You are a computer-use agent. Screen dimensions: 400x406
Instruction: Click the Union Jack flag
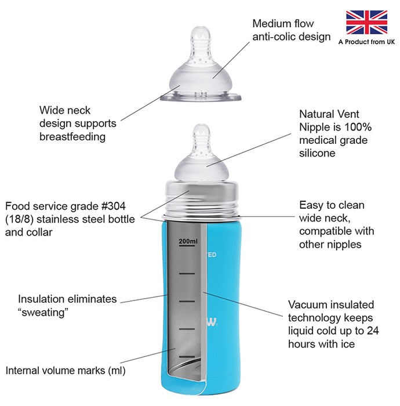click(366, 22)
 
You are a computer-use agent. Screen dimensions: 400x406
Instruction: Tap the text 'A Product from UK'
click(366, 42)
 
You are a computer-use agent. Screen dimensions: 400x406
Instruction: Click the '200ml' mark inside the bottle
click(188, 241)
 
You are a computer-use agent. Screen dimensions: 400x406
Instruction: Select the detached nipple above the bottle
click(201, 64)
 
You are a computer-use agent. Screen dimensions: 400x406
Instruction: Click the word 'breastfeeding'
click(72, 137)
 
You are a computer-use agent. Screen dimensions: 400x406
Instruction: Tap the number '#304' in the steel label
click(113, 206)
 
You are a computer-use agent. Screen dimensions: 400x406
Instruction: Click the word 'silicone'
click(317, 153)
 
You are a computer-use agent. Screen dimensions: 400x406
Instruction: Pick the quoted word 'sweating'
click(43, 312)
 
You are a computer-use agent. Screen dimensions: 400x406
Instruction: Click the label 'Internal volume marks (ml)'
click(66, 371)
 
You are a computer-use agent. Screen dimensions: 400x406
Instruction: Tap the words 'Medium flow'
click(283, 24)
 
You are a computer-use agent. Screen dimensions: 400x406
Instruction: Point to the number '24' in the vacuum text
click(373, 331)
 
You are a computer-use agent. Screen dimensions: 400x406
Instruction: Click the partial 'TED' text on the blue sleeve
click(212, 255)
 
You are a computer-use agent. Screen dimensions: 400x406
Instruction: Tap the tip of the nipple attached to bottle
click(201, 125)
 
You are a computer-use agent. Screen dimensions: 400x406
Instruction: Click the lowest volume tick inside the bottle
click(187, 357)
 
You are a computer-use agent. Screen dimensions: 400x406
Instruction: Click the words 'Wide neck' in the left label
click(65, 110)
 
